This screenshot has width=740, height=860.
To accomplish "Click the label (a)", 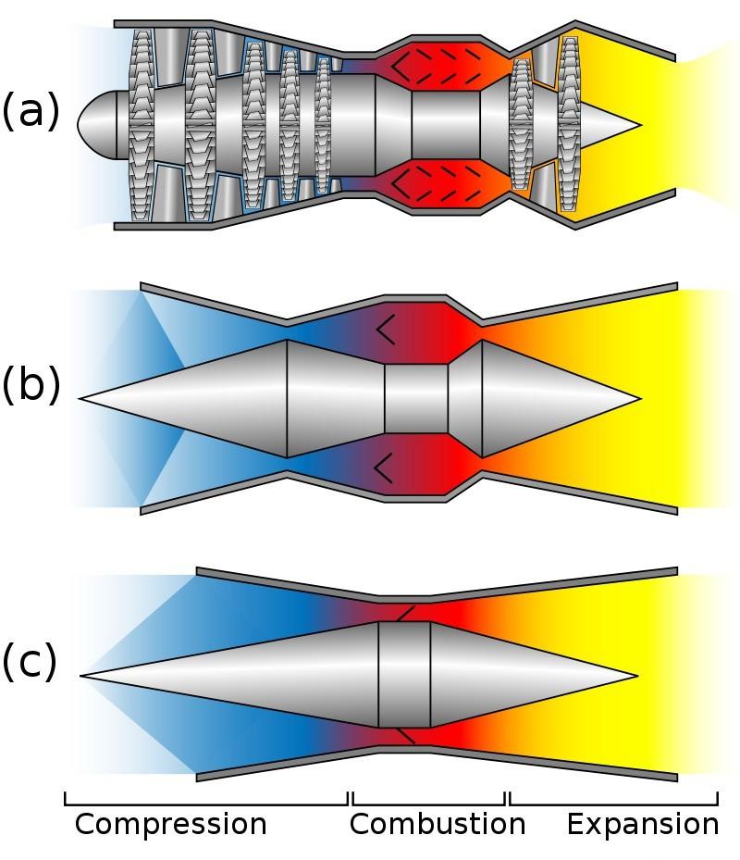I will pos(30,111).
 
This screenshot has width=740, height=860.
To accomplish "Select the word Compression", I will pos(170,824).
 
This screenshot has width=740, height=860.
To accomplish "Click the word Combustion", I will pos(437,824).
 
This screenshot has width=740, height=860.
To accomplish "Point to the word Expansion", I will pos(642,824).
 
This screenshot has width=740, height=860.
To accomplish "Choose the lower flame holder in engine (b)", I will pos(385,468).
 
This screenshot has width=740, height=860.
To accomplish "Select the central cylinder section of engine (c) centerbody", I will pos(404,675).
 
